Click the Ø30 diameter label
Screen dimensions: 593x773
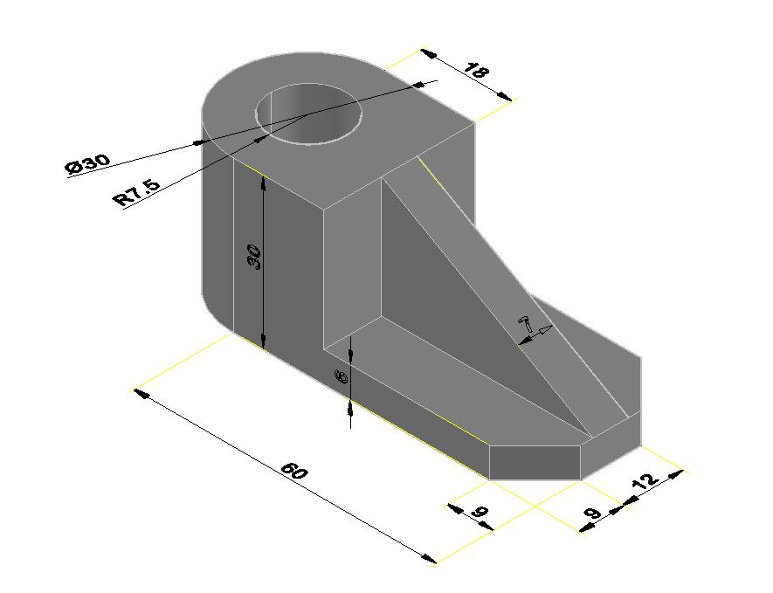pyautogui.click(x=87, y=163)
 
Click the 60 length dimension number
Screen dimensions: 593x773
pyautogui.click(x=295, y=472)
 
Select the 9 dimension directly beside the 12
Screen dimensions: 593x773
pyautogui.click(x=594, y=513)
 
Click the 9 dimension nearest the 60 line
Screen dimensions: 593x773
pyautogui.click(x=480, y=514)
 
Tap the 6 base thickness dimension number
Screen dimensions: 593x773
pyautogui.click(x=342, y=377)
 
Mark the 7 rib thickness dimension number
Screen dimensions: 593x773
pyautogui.click(x=526, y=322)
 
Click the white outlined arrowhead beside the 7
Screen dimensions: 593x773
pyautogui.click(x=544, y=330)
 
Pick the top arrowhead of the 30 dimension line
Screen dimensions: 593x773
pyautogui.click(x=263, y=181)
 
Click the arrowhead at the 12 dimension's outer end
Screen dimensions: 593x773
pyautogui.click(x=674, y=474)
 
